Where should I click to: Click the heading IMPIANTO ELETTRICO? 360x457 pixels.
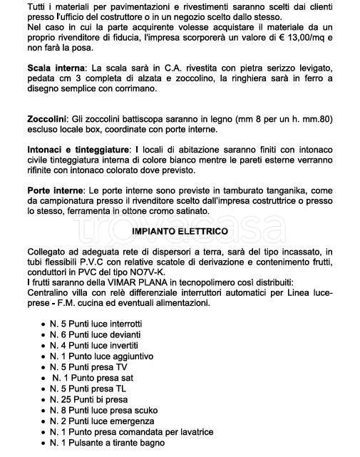pos(180,232)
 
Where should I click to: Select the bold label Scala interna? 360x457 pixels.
pos(53,66)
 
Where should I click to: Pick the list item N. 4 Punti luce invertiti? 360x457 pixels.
pos(94,345)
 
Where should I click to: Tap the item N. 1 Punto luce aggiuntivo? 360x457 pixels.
pos(101,356)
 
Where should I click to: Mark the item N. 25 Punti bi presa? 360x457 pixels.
pos(91,399)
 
